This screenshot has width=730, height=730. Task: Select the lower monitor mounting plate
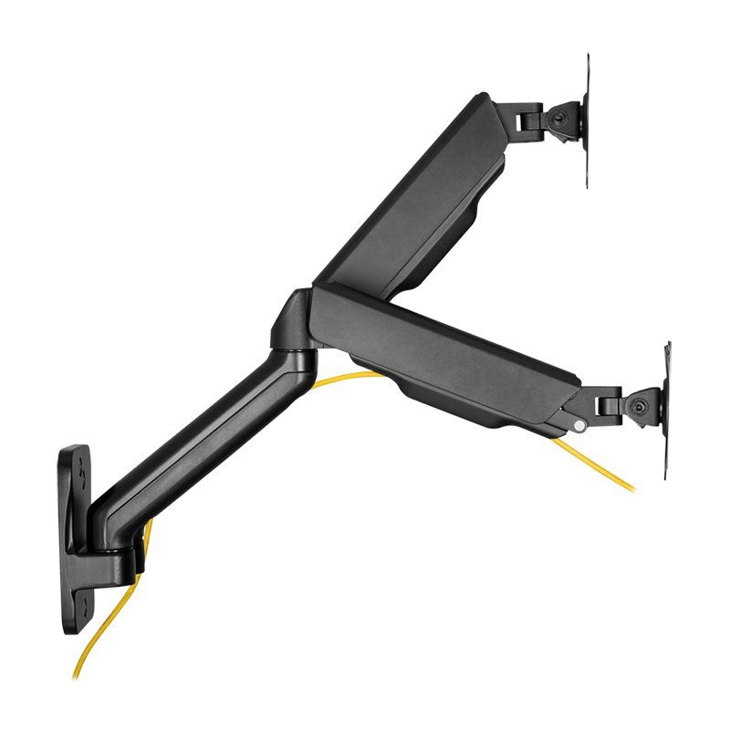[x=668, y=411]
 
